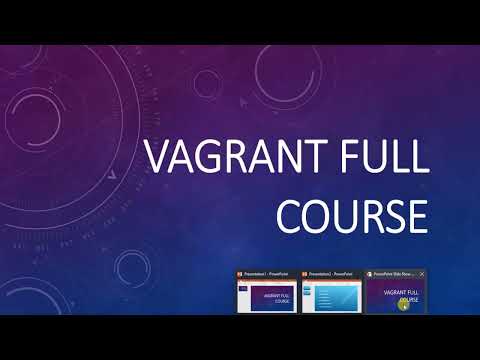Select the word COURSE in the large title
click(x=353, y=214)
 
